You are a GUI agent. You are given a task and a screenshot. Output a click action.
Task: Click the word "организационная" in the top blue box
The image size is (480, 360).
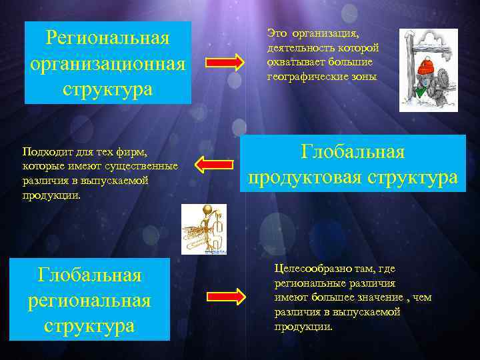pos(108,63)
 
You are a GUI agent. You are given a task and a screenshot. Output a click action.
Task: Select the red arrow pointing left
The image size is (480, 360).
pos(212,163)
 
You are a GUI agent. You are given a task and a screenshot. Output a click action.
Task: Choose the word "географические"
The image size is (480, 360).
pos(302,77)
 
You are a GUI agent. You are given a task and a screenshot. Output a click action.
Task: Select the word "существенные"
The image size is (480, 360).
pos(145,166)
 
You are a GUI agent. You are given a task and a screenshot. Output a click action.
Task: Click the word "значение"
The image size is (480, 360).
pos(380,297)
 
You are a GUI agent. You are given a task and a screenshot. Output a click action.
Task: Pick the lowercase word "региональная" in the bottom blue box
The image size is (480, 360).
pos(89,300)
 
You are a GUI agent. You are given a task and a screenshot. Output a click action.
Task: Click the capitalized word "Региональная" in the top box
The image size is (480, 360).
pos(108,37)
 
